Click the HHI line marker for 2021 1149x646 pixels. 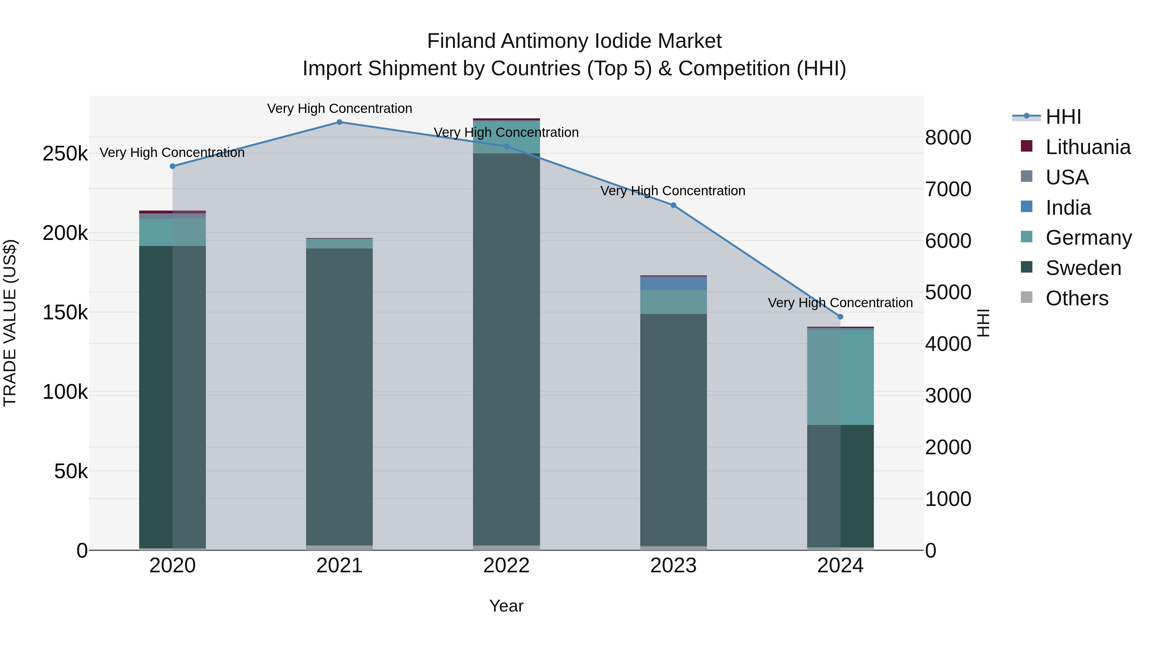(x=340, y=122)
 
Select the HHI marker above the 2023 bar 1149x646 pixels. (x=673, y=205)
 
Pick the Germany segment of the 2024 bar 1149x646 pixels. (x=840, y=377)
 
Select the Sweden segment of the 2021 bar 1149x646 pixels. (x=340, y=397)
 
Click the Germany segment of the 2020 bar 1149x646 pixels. (x=173, y=232)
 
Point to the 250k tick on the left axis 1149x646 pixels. (x=65, y=154)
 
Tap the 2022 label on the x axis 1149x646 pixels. (x=506, y=566)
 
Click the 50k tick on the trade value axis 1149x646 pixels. (x=71, y=471)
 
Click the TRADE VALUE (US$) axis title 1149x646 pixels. (x=10, y=323)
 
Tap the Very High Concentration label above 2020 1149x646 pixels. (x=172, y=152)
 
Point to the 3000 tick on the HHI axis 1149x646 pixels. (x=948, y=396)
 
